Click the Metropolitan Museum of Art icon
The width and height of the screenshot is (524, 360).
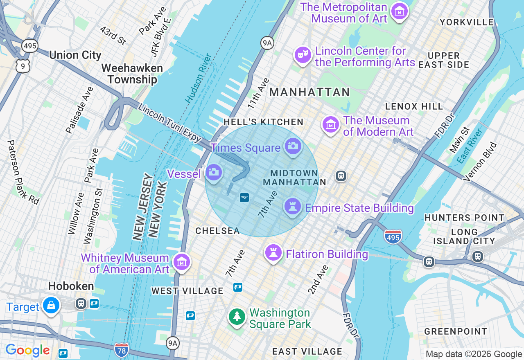tap(399, 11)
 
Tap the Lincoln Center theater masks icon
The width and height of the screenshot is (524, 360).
tap(303, 55)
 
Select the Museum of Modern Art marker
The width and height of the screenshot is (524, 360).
tap(331, 124)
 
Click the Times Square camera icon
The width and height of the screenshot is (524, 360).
tap(293, 146)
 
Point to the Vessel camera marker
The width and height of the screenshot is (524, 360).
tap(213, 173)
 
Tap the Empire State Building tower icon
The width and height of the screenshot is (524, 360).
tap(293, 206)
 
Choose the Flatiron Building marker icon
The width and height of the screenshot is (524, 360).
tap(273, 252)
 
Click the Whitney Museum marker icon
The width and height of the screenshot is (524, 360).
tap(181, 262)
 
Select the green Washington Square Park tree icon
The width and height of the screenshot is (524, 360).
tap(237, 317)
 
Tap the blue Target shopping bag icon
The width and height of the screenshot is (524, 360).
tap(51, 305)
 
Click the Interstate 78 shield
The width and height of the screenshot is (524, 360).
tap(121, 349)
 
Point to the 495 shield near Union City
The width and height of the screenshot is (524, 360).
tap(30, 45)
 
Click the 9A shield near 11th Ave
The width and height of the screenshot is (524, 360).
tap(267, 43)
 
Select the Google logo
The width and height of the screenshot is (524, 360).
tap(27, 350)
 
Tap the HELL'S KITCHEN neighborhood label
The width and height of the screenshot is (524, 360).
tap(263, 122)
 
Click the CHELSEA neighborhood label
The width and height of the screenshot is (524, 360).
tap(217, 231)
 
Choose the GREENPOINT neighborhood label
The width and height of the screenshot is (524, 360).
tap(456, 331)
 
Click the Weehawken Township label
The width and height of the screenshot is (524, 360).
tap(132, 74)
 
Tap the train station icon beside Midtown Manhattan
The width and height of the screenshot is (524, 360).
tap(341, 176)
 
